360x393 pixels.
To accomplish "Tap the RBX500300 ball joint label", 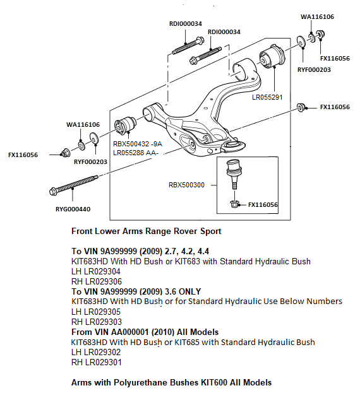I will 186,185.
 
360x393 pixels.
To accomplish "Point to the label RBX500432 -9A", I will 138,144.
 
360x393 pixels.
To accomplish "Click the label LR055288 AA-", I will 137,153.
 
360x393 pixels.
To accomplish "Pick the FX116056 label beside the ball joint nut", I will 263,204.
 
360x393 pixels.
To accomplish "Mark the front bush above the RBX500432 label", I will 124,125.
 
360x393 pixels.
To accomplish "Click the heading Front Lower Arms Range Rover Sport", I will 147,231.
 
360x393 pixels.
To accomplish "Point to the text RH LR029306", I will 98,281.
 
